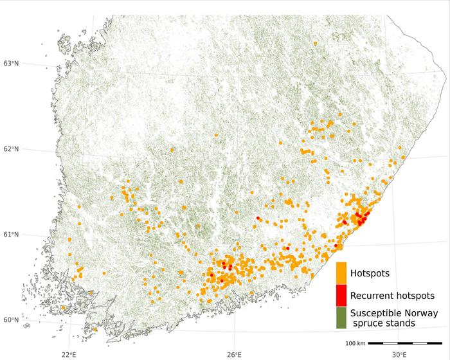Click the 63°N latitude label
tap(12, 63)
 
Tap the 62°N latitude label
tap(12, 149)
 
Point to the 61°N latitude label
tap(12, 234)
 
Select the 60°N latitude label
tap(12, 320)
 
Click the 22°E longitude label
tap(69, 354)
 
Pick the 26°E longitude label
tap(234, 354)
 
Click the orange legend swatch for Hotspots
tap(341, 273)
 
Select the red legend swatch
tap(341, 295)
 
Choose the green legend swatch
tap(341, 318)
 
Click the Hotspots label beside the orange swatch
tap(370, 274)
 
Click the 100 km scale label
tap(355, 343)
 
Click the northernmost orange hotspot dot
tap(315, 43)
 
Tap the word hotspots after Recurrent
tap(415, 296)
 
